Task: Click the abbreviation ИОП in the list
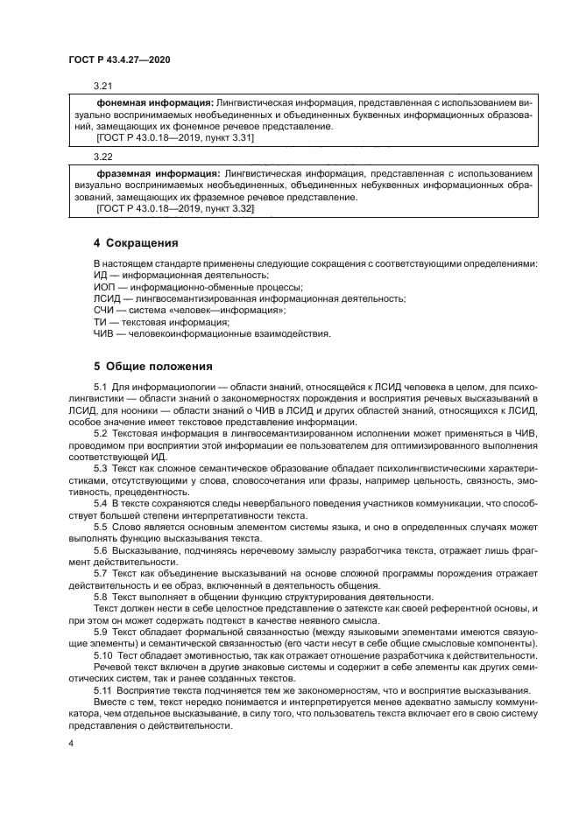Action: coord(105,287)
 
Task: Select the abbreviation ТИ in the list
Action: coord(100,321)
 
